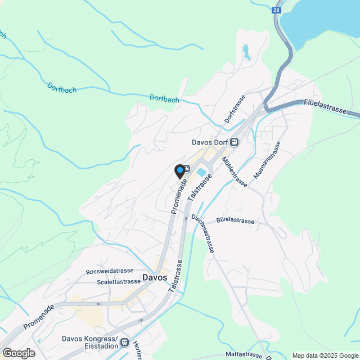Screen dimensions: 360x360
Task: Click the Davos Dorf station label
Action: pos(208,142)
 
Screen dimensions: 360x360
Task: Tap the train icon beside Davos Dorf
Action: pos(234,142)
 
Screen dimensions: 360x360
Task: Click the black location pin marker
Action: pos(180,170)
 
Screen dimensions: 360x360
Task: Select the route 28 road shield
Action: pos(276,10)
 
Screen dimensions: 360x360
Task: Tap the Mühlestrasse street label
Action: pos(235,172)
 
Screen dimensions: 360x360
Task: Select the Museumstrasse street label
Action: pos(267,161)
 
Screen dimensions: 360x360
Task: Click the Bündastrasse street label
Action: pos(236,222)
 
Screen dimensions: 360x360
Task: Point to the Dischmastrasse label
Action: pos(203,233)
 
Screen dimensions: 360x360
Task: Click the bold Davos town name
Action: pos(155,277)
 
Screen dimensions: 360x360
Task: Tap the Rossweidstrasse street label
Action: pos(110,271)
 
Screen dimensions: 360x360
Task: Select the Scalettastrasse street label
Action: pos(118,282)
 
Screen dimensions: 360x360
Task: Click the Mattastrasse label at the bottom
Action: pos(244,354)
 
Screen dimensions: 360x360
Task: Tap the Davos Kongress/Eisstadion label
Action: pos(89,343)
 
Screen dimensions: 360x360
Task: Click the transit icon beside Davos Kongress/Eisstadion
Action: pos(125,343)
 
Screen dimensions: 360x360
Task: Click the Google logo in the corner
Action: pos(18,353)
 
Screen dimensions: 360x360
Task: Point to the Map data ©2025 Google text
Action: pos(325,355)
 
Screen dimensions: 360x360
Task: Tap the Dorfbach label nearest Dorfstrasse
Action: pos(164,98)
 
